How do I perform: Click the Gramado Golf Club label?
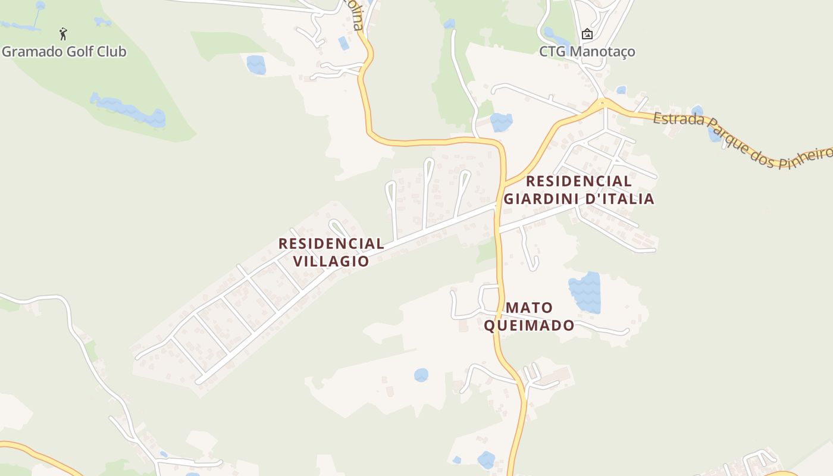(x=64, y=52)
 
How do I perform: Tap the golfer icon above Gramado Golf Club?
(x=64, y=34)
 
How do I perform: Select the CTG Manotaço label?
(x=587, y=52)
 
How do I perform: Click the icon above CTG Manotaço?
(x=587, y=34)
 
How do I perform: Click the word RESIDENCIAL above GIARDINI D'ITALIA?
(x=579, y=181)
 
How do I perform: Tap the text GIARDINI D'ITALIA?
(x=579, y=199)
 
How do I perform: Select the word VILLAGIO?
(x=331, y=261)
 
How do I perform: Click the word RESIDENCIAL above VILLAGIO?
(x=331, y=243)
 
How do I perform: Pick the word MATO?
(x=530, y=308)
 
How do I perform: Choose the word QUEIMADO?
(x=529, y=325)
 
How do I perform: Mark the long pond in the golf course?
(x=128, y=110)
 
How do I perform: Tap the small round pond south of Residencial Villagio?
(x=421, y=375)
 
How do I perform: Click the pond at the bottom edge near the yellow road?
(x=486, y=459)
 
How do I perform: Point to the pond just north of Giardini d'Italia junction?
(x=501, y=122)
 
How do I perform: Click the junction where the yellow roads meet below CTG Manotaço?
(x=604, y=104)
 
